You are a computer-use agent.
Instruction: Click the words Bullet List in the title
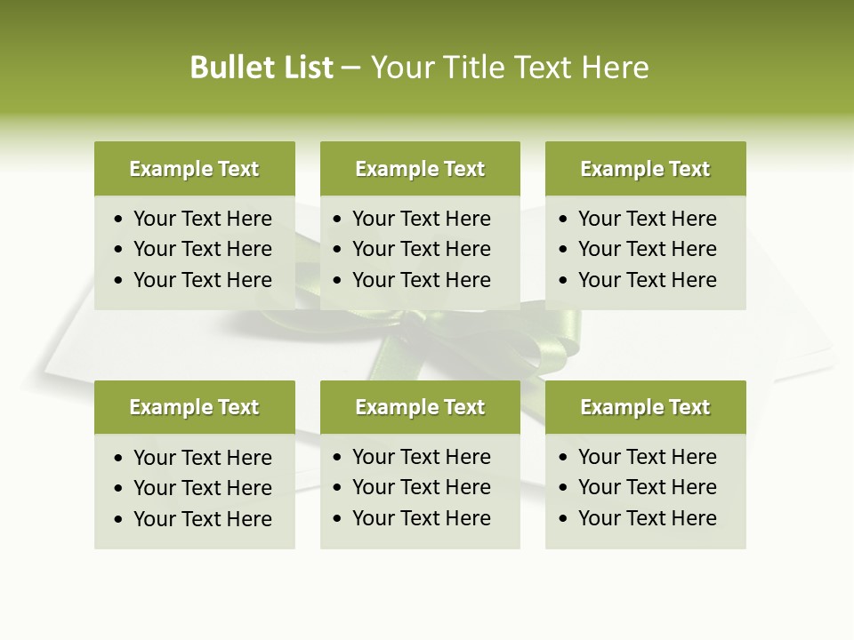point(262,68)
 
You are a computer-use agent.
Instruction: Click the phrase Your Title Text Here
point(510,68)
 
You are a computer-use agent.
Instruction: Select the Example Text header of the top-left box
point(194,169)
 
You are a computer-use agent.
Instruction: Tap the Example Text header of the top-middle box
point(420,169)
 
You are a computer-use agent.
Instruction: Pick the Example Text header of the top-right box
point(645,169)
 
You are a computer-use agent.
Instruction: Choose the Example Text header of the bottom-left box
point(194,407)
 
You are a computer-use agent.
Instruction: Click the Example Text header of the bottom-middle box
point(420,407)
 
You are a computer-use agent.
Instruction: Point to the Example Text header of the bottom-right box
point(645,407)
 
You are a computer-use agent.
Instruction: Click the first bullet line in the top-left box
point(202,219)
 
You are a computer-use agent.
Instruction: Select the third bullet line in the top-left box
point(202,280)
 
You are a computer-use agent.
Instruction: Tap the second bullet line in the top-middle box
point(421,249)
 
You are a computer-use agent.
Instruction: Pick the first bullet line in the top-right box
point(647,219)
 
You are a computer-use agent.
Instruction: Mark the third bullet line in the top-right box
point(647,280)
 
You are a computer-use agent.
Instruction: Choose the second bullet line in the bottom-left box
point(202,488)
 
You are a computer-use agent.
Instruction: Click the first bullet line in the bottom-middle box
point(421,457)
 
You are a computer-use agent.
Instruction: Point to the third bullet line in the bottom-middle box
point(421,518)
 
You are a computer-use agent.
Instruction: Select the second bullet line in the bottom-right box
point(647,487)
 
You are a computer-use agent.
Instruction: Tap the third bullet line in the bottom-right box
point(647,518)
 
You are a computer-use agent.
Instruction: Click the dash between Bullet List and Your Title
point(350,68)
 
